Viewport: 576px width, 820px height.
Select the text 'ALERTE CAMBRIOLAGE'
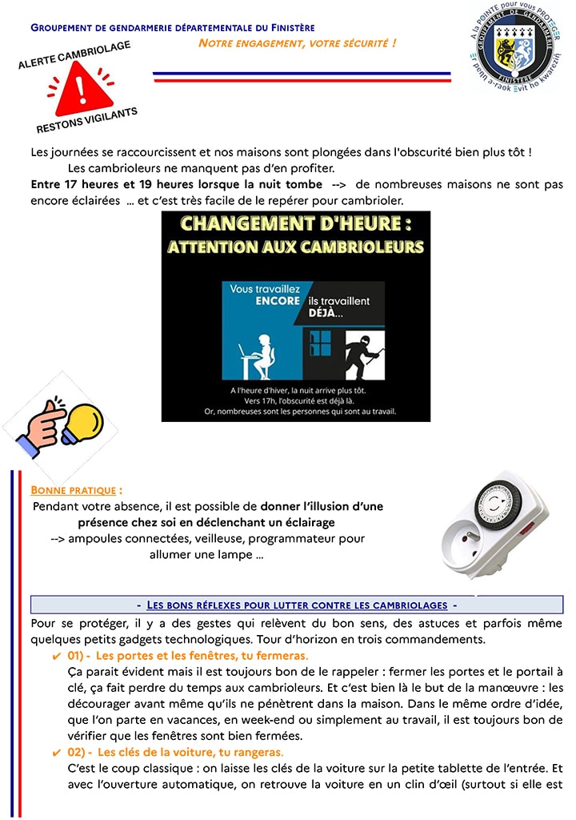coord(74,55)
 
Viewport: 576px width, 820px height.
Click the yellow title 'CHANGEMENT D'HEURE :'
coord(295,224)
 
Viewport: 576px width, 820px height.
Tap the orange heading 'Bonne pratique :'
coord(76,489)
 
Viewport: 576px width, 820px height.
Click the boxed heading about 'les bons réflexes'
coord(296,605)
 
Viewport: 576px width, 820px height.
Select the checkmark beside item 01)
coord(56,656)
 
